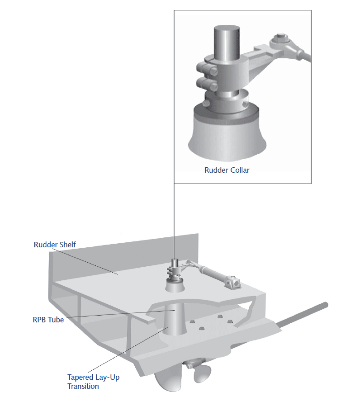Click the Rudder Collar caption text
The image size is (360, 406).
227,170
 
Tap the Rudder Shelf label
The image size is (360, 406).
55,245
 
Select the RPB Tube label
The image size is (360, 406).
48,320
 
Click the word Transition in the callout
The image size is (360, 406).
83,386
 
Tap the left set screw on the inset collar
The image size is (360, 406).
206,104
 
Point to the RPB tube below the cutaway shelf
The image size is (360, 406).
174,322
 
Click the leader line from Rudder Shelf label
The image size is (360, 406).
90,262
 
